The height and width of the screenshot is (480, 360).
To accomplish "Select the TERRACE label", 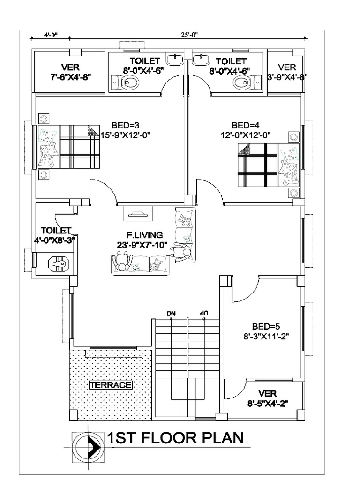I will click(111, 385).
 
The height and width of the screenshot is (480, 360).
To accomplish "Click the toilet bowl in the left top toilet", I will click(129, 83).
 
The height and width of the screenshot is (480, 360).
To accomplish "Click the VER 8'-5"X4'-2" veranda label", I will click(267, 397).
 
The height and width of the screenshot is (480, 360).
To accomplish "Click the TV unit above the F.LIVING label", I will click(138, 214).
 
